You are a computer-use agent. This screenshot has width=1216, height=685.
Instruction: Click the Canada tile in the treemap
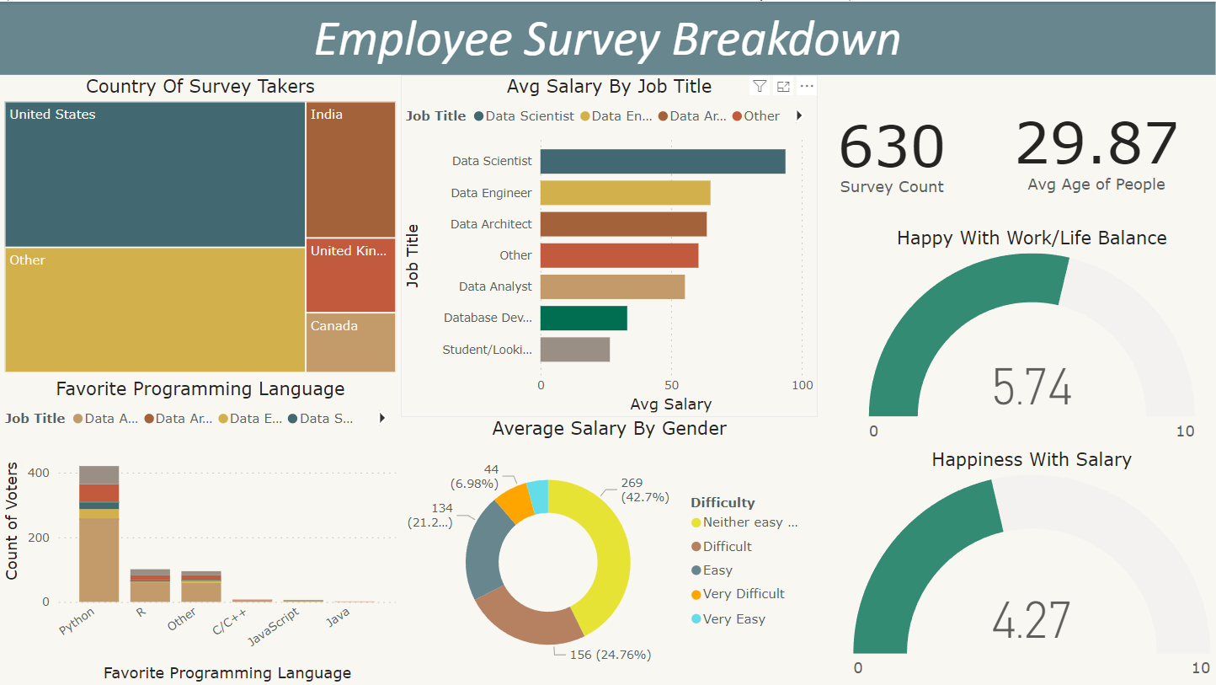(350, 342)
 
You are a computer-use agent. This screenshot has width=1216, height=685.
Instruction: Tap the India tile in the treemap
(350, 169)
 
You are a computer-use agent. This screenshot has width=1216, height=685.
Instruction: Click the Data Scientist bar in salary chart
(662, 162)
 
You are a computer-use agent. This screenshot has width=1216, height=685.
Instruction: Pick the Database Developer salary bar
(583, 318)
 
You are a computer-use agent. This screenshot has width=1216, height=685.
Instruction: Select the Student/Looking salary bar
(574, 349)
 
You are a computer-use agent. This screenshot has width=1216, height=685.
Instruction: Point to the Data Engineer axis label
(491, 193)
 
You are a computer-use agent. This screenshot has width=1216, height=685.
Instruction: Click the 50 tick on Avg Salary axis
(671, 385)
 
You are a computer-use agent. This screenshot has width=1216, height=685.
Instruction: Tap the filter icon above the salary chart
(760, 86)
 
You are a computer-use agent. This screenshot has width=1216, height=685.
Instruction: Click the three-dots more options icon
(807, 86)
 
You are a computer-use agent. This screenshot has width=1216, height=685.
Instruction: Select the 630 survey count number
(892, 147)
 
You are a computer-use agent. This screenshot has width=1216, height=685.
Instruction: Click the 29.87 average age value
(1096, 145)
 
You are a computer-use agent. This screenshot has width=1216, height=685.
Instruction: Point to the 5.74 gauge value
(1032, 388)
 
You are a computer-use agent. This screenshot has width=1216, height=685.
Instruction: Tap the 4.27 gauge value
(1031, 621)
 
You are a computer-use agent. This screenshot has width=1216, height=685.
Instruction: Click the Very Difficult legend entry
(743, 594)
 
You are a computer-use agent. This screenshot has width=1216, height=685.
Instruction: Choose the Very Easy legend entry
(733, 619)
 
